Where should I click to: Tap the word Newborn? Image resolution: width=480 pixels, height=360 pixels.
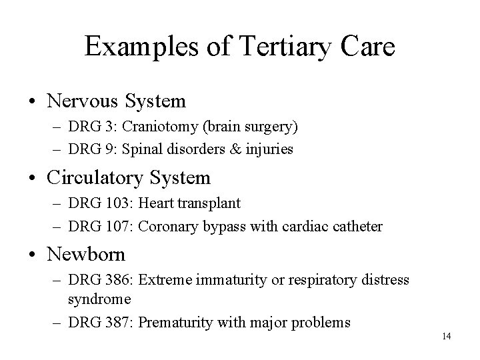85,254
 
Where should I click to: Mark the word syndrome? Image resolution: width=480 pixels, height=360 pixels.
98,300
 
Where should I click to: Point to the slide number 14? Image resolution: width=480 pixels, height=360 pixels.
446,336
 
